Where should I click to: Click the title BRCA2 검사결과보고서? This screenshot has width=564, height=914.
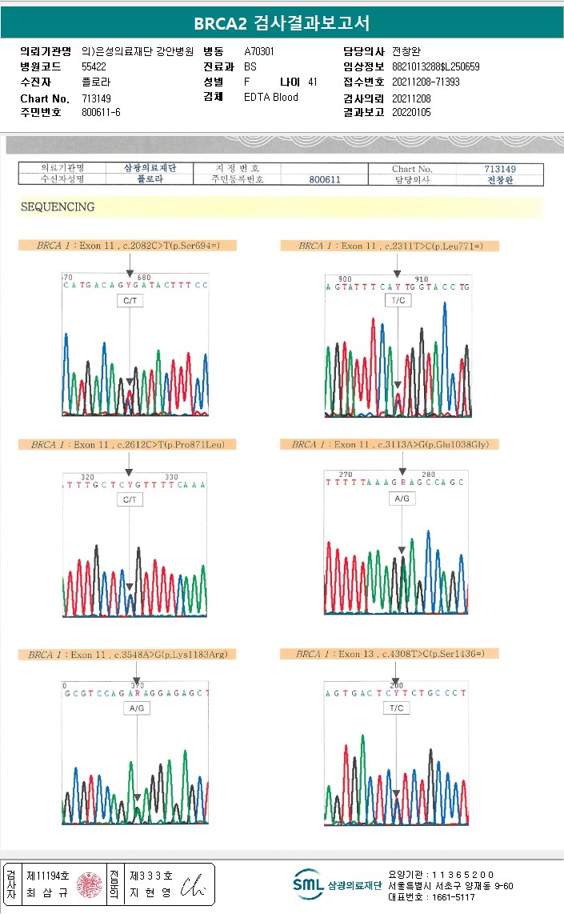(282, 23)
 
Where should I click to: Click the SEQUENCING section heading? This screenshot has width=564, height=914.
(57, 207)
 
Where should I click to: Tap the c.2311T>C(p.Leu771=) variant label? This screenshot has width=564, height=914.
(390, 246)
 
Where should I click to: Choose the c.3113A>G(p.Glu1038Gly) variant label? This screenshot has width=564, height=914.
(390, 444)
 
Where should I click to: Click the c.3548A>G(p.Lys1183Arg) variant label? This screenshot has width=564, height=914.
(128, 655)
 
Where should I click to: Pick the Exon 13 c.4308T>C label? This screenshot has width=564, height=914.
(390, 654)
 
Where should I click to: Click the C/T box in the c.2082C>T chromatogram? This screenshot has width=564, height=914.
(130, 300)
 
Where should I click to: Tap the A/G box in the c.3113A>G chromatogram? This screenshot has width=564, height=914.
(402, 499)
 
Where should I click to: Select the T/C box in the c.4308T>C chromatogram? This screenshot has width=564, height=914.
(397, 708)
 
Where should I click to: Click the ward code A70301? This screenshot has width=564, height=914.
(259, 51)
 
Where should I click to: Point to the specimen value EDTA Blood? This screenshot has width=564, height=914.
(270, 97)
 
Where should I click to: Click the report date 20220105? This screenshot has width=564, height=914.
(411, 113)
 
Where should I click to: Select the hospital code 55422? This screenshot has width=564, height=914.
(95, 66)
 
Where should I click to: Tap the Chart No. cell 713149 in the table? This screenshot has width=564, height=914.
(500, 169)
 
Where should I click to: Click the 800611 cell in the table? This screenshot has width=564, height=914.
(325, 180)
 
